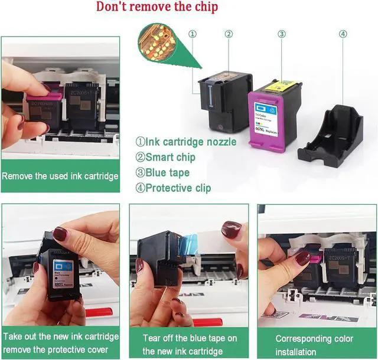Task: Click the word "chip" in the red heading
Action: pos(206,6)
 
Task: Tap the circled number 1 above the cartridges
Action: pos(193,34)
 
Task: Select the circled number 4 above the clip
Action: pos(343,34)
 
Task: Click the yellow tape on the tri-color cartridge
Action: pos(280,86)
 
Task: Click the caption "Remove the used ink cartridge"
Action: pos(60,176)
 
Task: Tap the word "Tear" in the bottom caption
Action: pos(151,338)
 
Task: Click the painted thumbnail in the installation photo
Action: pos(303,258)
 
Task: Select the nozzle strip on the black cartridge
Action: pos(210,96)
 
